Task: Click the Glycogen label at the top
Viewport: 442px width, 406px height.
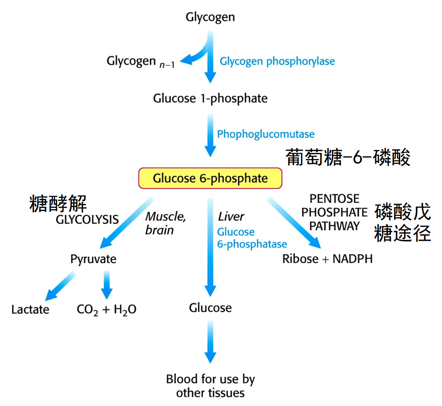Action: tap(210, 17)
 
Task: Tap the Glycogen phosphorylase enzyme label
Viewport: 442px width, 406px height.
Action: tap(277, 61)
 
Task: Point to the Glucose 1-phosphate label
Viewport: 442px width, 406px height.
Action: tap(210, 98)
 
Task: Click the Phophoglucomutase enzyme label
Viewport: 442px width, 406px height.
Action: tap(266, 134)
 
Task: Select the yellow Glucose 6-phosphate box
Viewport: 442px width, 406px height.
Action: tap(210, 178)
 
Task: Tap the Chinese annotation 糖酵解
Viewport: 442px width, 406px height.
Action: tap(58, 204)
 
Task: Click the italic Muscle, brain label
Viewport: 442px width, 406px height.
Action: tap(165, 223)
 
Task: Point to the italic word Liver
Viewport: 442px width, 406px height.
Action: tap(231, 217)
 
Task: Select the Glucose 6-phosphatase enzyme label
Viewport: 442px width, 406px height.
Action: tap(252, 238)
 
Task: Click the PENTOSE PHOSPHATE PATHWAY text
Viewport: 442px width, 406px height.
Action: tap(334, 212)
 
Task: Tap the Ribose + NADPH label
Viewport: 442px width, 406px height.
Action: tap(327, 259)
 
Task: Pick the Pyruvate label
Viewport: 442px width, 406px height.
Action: tap(93, 259)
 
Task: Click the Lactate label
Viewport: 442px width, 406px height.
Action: tap(30, 309)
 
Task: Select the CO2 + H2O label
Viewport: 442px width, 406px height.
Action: tap(106, 309)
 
